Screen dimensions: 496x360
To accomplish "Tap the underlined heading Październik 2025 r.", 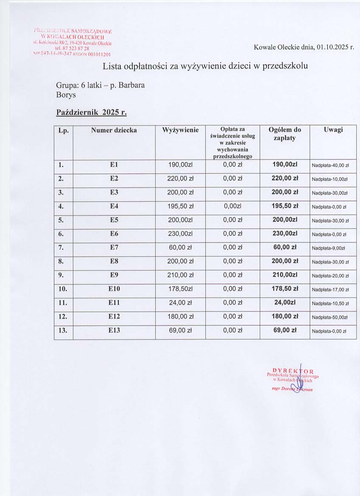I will [x=92, y=113].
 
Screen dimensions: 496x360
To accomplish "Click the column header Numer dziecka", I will [x=114, y=130].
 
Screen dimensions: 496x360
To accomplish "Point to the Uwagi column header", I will [x=333, y=130].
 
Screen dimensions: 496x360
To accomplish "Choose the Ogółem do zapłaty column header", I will [x=285, y=134].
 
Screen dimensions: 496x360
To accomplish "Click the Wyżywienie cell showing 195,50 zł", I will [x=180, y=206].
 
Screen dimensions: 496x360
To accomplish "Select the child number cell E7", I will [x=114, y=247].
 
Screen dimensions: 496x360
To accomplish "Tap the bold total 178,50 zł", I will [x=285, y=289].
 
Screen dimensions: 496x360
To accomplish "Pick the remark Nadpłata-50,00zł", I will [x=330, y=317].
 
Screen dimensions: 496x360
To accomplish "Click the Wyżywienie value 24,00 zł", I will [x=180, y=303].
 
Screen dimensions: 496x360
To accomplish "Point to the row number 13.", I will [x=63, y=330].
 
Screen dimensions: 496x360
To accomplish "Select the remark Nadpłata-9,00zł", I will [x=329, y=248].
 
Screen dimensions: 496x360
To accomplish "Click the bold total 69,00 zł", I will [x=285, y=330].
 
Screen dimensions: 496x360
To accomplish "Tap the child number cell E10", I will [x=114, y=289].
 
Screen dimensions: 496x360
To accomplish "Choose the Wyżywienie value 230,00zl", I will [x=180, y=234].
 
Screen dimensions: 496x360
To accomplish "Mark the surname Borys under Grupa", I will [x=66, y=95].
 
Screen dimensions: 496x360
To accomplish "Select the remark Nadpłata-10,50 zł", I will [x=330, y=304].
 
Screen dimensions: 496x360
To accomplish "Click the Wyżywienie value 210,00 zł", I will [x=180, y=275].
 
